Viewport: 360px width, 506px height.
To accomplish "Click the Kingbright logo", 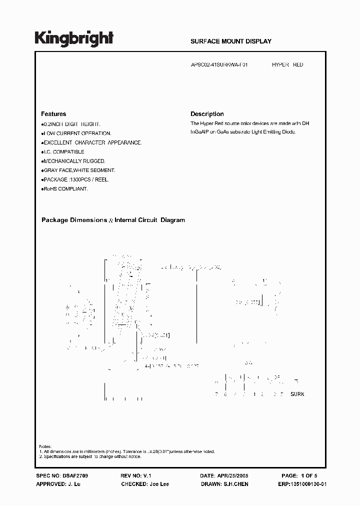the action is [x=73, y=38].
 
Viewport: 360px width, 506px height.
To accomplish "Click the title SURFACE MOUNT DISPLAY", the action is [x=231, y=41].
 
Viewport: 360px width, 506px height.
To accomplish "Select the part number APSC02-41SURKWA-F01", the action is [x=219, y=65].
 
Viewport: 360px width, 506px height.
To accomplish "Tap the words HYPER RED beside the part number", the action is [x=287, y=65].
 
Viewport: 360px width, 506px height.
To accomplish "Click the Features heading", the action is [x=53, y=114].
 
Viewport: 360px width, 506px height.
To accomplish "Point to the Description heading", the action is [x=207, y=114].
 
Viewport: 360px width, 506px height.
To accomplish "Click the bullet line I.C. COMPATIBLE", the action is [x=64, y=152].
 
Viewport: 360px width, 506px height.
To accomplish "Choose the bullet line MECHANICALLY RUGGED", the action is [x=74, y=161].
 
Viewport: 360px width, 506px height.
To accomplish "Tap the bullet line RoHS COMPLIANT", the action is [x=65, y=189].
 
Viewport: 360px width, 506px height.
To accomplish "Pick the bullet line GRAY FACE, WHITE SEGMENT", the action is [x=80, y=170].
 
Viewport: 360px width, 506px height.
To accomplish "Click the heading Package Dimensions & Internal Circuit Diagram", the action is [x=113, y=220].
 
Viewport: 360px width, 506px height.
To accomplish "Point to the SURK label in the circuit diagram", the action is [x=297, y=394].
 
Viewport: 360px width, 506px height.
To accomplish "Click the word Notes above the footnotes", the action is [x=45, y=446].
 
